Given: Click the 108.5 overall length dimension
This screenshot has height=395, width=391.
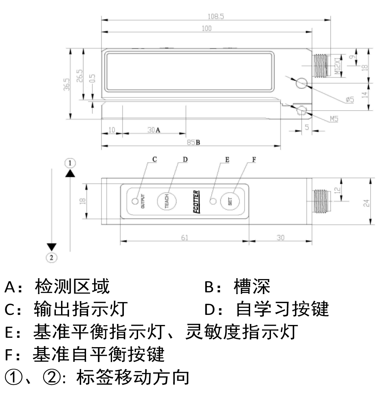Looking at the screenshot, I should (216, 16).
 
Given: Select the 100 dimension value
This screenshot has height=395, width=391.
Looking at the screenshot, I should (206, 28).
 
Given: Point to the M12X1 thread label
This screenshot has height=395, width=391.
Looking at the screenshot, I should (337, 66).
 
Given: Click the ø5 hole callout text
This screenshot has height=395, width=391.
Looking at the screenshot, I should (349, 100).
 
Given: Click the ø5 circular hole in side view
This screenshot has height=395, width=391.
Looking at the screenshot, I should (301, 83).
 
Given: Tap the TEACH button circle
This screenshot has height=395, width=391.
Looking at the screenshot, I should (167, 201).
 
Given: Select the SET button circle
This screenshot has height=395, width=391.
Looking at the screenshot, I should (230, 201).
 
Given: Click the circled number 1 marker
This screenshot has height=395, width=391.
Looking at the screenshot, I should (70, 163).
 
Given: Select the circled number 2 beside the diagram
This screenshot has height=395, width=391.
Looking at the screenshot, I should (51, 257).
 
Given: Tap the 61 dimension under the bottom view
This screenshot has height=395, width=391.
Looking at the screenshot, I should (185, 238).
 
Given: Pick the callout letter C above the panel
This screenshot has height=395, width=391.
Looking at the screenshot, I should (154, 159).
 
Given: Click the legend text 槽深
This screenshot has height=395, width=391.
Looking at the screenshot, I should (252, 286).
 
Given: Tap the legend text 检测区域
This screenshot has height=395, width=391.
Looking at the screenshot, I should (72, 286).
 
